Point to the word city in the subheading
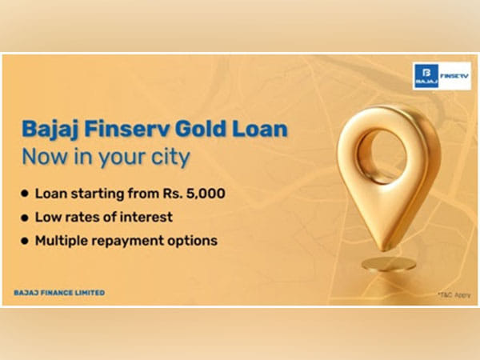click(x=170, y=157)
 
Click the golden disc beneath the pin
click(x=388, y=263)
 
